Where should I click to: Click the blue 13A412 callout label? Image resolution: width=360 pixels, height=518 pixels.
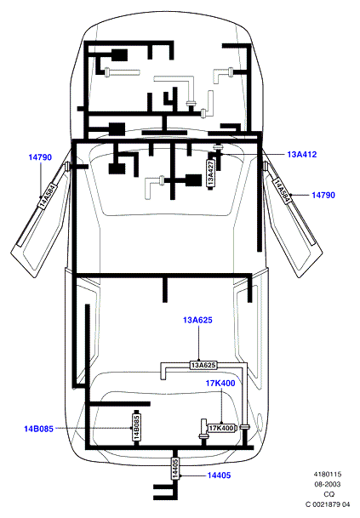[x=302, y=154]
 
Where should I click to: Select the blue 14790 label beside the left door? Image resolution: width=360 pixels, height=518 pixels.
[x=40, y=157]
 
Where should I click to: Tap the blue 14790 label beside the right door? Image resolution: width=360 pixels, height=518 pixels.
[x=323, y=196]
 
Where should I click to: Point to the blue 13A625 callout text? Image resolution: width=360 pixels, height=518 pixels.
[x=197, y=320]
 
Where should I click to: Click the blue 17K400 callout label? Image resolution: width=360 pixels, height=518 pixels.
[x=220, y=384]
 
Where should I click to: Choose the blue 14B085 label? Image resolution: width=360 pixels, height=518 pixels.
[x=38, y=429]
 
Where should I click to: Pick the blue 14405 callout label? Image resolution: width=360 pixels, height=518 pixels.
[x=219, y=475]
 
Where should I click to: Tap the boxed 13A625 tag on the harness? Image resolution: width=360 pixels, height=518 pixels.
[x=203, y=365]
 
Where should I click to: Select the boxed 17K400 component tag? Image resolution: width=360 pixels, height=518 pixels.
[x=221, y=428]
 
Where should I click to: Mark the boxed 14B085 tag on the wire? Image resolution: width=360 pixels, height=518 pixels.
[x=136, y=427]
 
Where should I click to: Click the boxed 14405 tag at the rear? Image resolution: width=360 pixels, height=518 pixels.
[x=175, y=468]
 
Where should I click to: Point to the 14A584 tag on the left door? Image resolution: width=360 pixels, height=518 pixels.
[x=48, y=196]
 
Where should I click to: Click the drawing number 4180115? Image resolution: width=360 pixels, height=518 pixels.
[x=328, y=474]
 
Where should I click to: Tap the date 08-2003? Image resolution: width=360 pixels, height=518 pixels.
[x=328, y=484]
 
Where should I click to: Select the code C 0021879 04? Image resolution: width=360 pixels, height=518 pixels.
[x=328, y=504]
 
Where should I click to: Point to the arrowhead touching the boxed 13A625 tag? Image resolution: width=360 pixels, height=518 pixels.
[x=199, y=360]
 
